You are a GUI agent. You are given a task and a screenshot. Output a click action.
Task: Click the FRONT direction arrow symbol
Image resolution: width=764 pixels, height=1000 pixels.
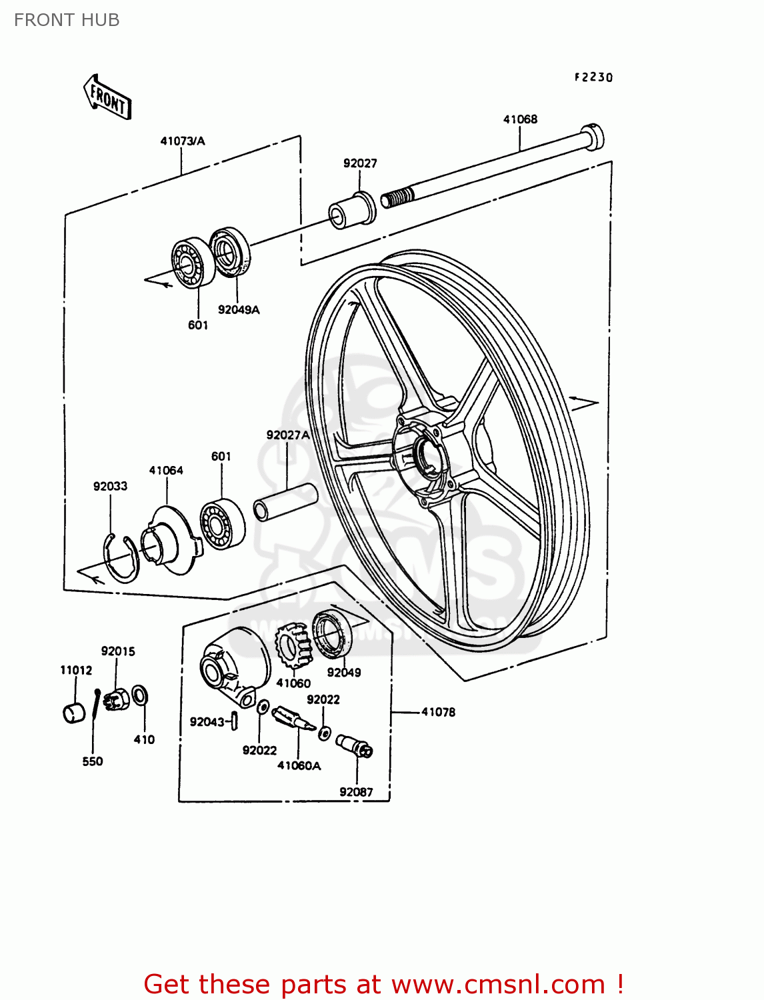(x=107, y=97)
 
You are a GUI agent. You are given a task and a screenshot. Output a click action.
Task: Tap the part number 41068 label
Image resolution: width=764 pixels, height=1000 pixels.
(x=520, y=119)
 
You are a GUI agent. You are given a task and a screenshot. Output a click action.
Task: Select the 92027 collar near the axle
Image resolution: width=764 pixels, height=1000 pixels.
(x=353, y=210)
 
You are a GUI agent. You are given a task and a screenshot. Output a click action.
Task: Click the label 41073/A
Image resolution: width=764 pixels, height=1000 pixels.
(x=182, y=141)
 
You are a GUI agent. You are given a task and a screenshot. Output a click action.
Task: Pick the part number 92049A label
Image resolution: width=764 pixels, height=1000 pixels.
(x=239, y=310)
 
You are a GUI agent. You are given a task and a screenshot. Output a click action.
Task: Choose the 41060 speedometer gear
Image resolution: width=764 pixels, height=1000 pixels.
(x=294, y=650)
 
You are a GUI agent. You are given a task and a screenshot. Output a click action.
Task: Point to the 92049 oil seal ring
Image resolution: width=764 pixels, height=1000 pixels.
(x=331, y=634)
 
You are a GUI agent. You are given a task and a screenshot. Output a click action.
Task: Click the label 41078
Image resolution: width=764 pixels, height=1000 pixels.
(x=438, y=712)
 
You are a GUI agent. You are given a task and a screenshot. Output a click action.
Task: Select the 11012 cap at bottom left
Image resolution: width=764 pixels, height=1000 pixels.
(x=74, y=712)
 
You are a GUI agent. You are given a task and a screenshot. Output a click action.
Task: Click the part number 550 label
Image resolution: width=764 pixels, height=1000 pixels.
(x=93, y=761)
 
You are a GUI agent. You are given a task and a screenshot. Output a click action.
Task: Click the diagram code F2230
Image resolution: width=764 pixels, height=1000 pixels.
(x=593, y=77)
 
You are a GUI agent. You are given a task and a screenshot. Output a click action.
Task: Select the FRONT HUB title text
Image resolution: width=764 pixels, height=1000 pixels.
(x=67, y=20)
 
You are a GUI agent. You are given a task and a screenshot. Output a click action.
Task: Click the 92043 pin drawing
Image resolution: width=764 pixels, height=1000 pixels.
(x=235, y=721)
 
